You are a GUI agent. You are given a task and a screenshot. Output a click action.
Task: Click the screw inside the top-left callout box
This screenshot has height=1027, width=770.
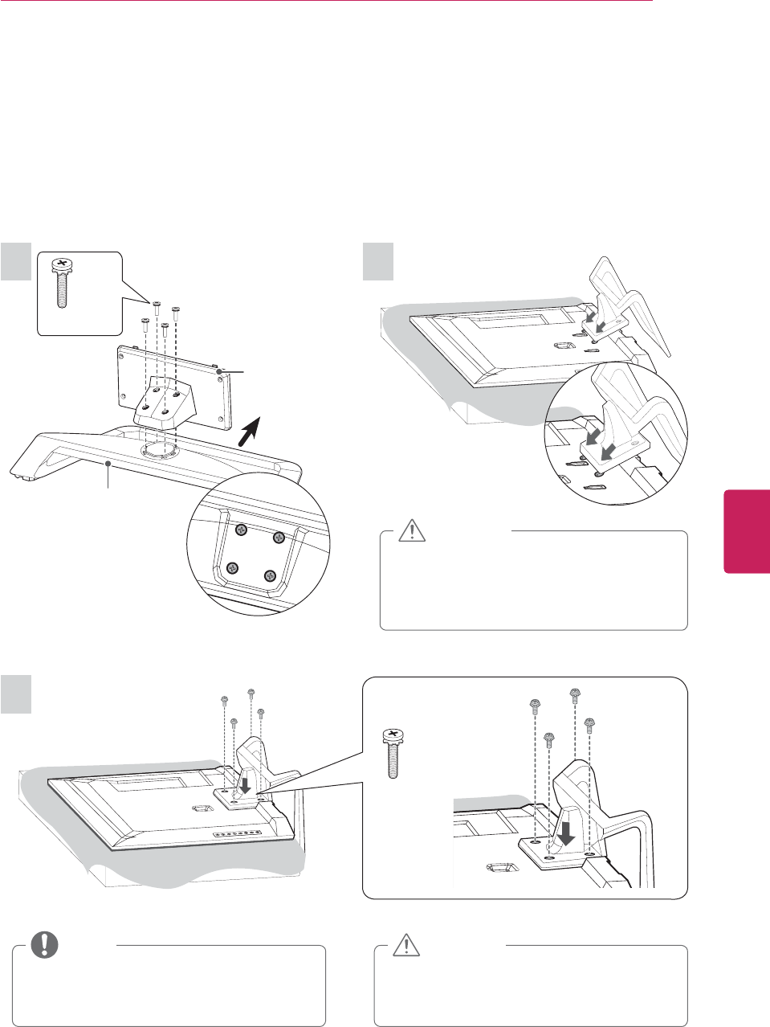(61, 283)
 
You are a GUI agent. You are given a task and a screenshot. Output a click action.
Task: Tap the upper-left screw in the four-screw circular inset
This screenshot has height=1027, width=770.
(240, 530)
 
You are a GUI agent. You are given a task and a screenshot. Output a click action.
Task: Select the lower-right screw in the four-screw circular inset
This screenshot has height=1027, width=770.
(270, 575)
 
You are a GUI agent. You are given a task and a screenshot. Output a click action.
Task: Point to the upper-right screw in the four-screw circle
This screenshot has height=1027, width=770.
(279, 537)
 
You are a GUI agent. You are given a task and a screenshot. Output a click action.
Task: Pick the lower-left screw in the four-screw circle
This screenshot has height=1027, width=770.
(232, 568)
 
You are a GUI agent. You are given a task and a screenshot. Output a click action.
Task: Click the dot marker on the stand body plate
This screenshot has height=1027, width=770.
(218, 370)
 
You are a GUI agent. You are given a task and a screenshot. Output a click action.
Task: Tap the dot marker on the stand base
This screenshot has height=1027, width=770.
(108, 464)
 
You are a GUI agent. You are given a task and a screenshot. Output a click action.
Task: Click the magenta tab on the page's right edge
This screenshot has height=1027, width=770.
(747, 531)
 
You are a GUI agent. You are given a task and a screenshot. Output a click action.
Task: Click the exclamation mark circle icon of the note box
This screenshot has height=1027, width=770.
(44, 944)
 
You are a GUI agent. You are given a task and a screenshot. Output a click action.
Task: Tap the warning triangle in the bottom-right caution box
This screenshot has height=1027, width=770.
(407, 945)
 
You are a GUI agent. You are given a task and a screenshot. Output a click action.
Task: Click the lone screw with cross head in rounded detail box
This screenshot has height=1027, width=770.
(392, 752)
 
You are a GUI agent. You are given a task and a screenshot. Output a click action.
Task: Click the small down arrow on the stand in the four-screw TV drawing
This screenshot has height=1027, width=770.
(242, 781)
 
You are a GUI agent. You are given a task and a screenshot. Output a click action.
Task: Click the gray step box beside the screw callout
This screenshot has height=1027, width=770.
(16, 263)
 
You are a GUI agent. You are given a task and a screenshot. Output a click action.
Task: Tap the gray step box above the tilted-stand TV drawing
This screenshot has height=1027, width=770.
(378, 263)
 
